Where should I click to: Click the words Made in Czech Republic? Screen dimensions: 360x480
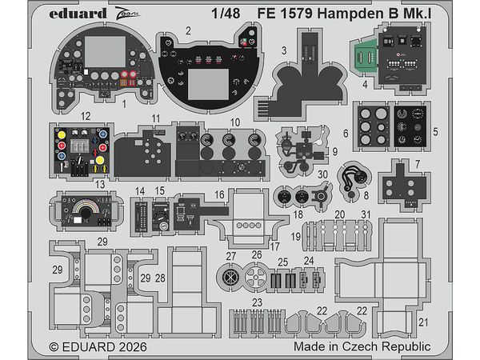[374, 346]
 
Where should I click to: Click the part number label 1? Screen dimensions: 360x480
[125, 104]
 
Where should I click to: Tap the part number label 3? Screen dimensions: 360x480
[285, 50]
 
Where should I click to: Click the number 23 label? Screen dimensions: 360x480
[258, 302]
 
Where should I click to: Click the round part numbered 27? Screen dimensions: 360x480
[231, 276]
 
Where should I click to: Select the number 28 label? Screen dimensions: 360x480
[160, 277]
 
